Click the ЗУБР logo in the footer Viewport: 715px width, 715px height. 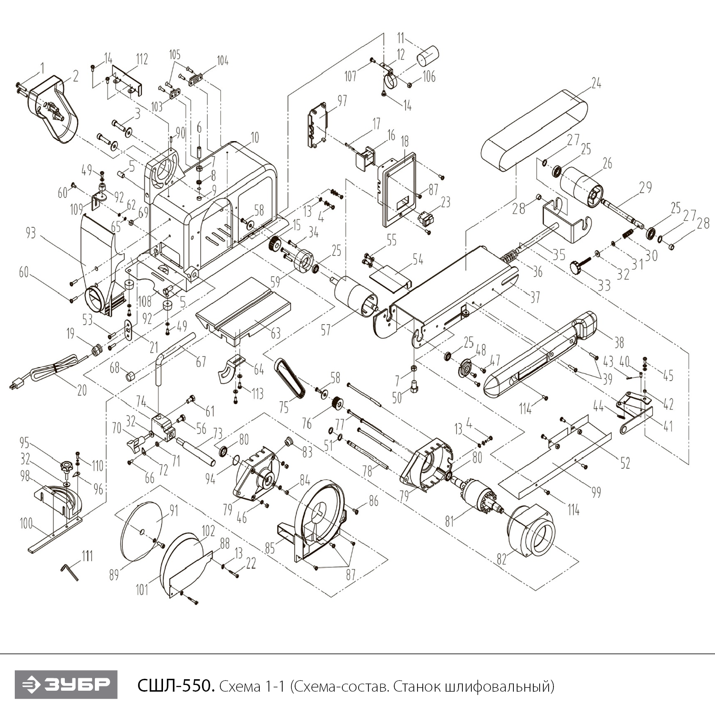(x=66, y=685)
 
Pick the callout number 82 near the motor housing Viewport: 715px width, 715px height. (x=501, y=558)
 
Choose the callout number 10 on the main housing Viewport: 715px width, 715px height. (x=255, y=138)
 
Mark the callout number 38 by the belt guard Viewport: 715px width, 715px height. (x=619, y=342)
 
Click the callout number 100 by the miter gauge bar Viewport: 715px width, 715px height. (x=26, y=524)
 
